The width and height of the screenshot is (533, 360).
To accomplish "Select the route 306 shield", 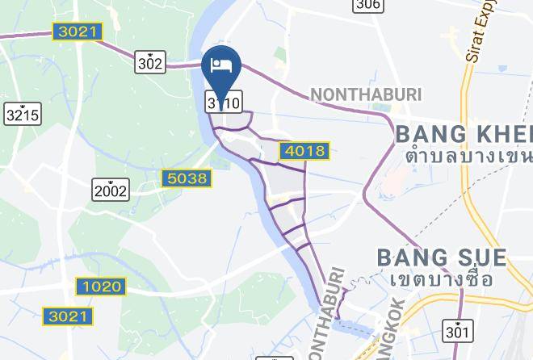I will click(x=367, y=5).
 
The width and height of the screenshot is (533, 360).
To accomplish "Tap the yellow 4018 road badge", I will click(x=304, y=150).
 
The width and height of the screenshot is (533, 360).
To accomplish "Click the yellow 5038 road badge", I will click(x=186, y=178).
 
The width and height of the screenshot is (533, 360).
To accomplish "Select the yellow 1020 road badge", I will click(x=102, y=286).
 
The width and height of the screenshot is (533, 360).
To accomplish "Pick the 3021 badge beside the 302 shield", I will click(x=77, y=32).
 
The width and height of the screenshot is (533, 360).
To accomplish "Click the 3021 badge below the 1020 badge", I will click(x=68, y=316).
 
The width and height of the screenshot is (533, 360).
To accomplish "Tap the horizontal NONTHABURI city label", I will click(x=366, y=94).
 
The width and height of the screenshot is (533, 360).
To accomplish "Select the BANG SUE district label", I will click(x=442, y=258).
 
